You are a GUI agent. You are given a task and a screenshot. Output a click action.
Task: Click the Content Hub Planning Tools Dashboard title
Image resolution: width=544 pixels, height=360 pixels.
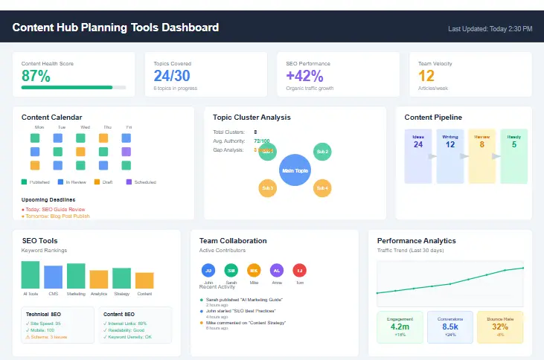click(x=115, y=28)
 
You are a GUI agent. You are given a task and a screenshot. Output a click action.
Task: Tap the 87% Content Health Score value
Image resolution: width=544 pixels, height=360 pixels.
click(x=36, y=76)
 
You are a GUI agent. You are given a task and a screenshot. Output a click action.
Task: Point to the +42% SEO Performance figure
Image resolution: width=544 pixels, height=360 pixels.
click(x=304, y=76)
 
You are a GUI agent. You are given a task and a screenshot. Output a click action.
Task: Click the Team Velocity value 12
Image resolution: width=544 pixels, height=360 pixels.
click(x=426, y=76)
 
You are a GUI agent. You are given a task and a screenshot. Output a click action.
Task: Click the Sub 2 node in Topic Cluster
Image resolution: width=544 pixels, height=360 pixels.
click(x=322, y=152)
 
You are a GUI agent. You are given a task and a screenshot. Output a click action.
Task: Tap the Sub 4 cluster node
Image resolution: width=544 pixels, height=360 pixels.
click(x=322, y=188)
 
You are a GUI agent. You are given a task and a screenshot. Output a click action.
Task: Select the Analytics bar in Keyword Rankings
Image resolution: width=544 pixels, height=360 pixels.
click(x=98, y=279)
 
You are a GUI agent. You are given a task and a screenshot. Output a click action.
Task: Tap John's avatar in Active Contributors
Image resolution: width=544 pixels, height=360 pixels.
click(x=209, y=270)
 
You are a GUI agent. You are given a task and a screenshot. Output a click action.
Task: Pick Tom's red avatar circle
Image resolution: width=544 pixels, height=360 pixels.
click(x=299, y=270)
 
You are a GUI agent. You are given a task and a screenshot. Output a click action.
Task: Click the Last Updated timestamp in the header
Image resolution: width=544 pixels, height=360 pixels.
click(x=490, y=29)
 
